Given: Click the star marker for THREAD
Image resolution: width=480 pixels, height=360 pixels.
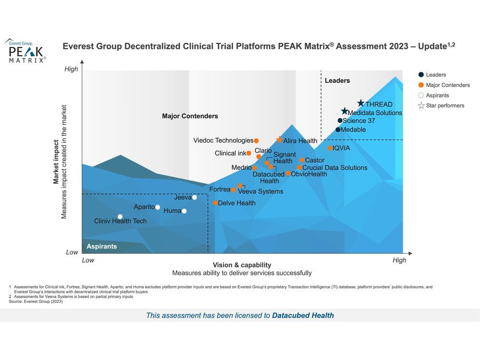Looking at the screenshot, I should click(361, 103).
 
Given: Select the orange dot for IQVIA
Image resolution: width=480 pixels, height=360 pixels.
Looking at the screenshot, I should click(330, 148).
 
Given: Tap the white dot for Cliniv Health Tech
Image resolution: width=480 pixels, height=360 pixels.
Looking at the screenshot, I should click(120, 216).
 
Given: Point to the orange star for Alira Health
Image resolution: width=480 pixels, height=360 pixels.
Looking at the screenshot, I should click(279, 140).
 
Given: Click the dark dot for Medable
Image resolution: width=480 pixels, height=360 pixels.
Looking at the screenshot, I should click(338, 130).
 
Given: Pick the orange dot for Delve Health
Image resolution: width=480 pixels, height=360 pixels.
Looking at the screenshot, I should click(216, 203).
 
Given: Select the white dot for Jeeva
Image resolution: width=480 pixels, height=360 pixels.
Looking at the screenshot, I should click(194, 197).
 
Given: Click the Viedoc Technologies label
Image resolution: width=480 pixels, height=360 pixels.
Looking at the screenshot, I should click(223, 141).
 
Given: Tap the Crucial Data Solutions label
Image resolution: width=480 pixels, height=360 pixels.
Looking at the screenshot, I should click(335, 168).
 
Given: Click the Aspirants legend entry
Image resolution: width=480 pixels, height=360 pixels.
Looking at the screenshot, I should click(437, 96).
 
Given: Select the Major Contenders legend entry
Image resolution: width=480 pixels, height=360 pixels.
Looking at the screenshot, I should click(448, 85).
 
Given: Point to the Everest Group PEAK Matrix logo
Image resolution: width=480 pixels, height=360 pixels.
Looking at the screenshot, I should click(26, 50).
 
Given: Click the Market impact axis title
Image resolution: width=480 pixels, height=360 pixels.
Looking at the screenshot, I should click(56, 162).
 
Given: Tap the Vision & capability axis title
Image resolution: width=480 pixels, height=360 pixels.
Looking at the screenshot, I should click(242, 265).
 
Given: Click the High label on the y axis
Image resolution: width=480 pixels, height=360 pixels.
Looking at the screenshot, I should click(71, 69).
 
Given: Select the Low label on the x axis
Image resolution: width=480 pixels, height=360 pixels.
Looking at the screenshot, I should click(88, 260).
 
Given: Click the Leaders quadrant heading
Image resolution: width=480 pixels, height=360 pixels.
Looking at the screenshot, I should click(337, 81).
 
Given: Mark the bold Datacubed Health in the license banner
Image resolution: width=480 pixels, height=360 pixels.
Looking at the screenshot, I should click(303, 315).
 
